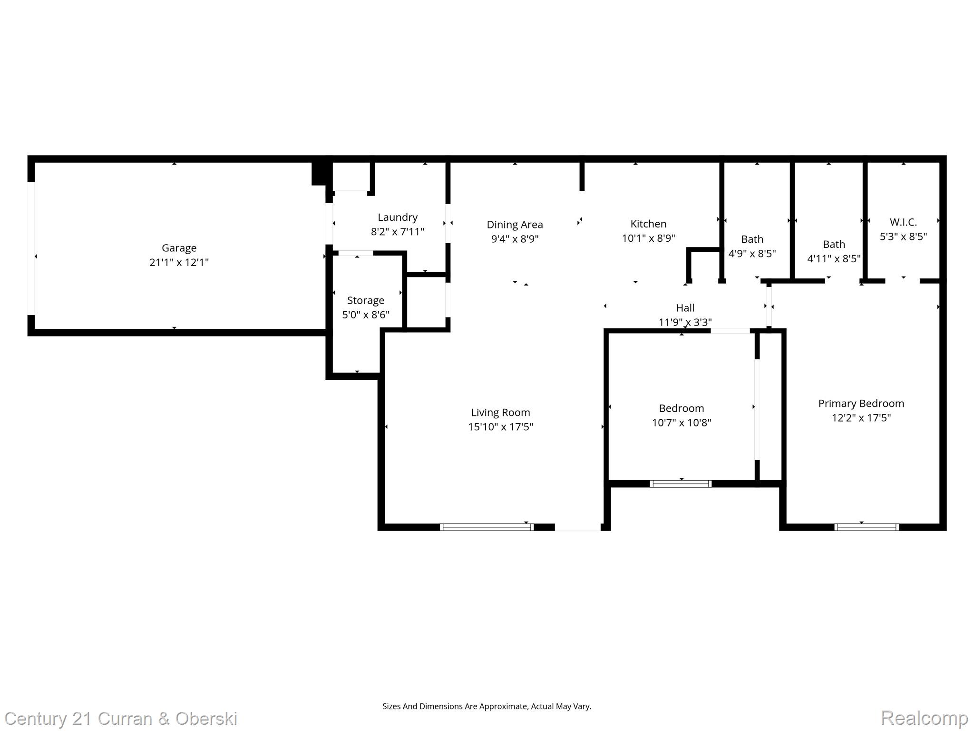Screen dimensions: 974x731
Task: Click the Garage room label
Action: (179, 248)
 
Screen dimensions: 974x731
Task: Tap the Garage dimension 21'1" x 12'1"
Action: (179, 262)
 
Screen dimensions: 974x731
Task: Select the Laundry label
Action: (398, 217)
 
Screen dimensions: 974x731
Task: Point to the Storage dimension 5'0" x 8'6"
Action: (366, 315)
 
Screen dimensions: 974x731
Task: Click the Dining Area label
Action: (515, 225)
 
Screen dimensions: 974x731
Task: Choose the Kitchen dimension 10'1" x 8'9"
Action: (648, 238)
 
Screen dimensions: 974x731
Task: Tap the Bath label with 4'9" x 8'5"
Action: (752, 239)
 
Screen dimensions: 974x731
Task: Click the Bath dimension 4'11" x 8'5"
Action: (834, 258)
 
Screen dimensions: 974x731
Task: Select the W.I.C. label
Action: (903, 222)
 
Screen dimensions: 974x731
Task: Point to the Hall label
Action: (685, 308)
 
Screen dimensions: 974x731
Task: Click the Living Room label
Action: (500, 413)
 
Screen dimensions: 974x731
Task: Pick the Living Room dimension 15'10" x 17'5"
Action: (500, 427)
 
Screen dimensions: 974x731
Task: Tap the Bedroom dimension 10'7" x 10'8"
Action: (681, 423)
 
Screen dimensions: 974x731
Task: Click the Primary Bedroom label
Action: (861, 404)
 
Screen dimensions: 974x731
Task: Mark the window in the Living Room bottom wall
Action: (487, 527)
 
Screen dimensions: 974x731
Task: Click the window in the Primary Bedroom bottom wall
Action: (867, 527)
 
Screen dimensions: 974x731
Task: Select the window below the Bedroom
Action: (681, 484)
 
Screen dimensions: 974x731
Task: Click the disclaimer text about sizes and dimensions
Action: (487, 706)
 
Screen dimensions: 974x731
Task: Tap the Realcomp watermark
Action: (925, 718)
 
